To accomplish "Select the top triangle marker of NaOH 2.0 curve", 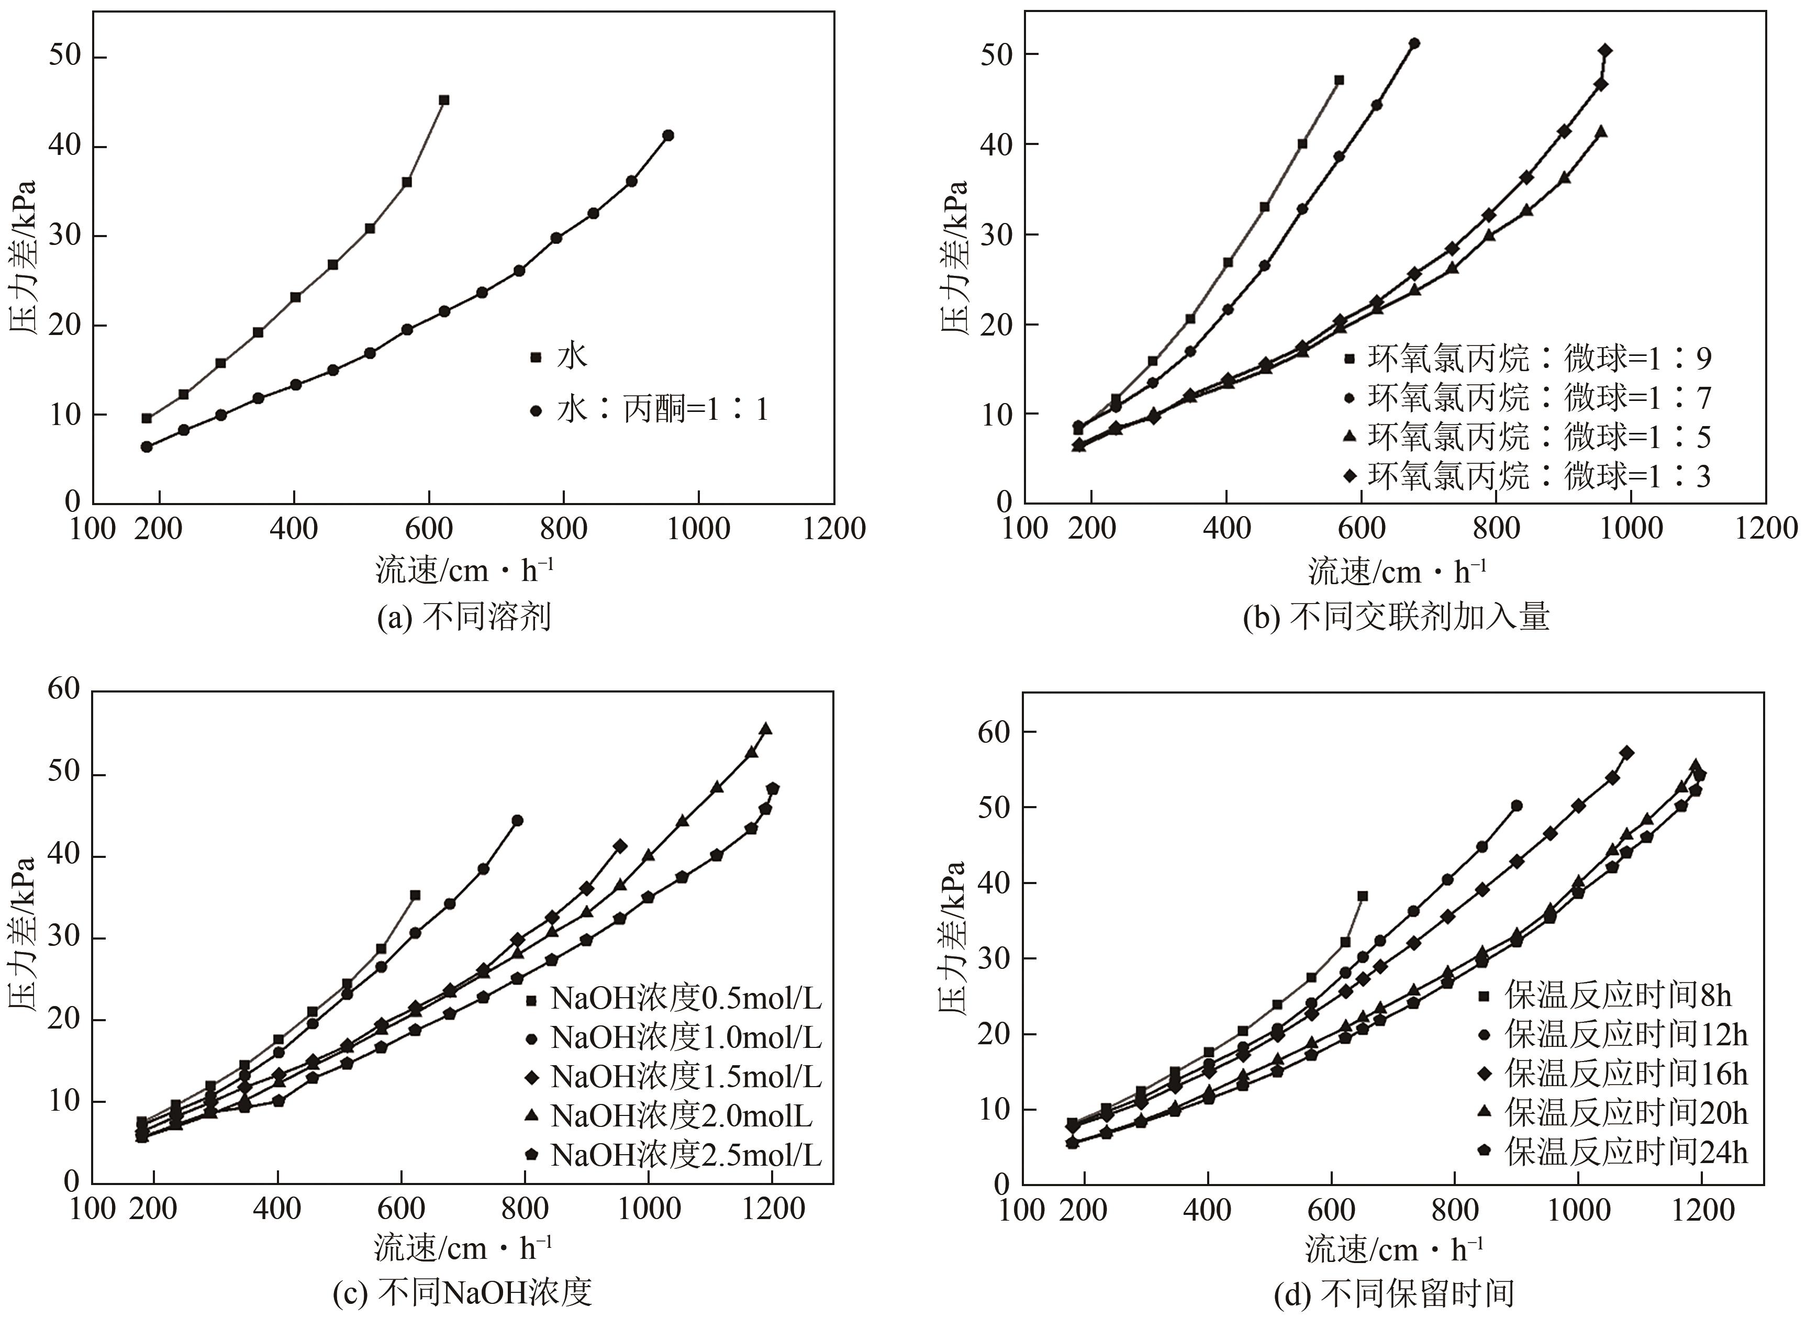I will (x=765, y=729).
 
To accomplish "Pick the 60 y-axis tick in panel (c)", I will (x=64, y=689).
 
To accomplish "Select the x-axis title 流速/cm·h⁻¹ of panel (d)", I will (x=1395, y=1249).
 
